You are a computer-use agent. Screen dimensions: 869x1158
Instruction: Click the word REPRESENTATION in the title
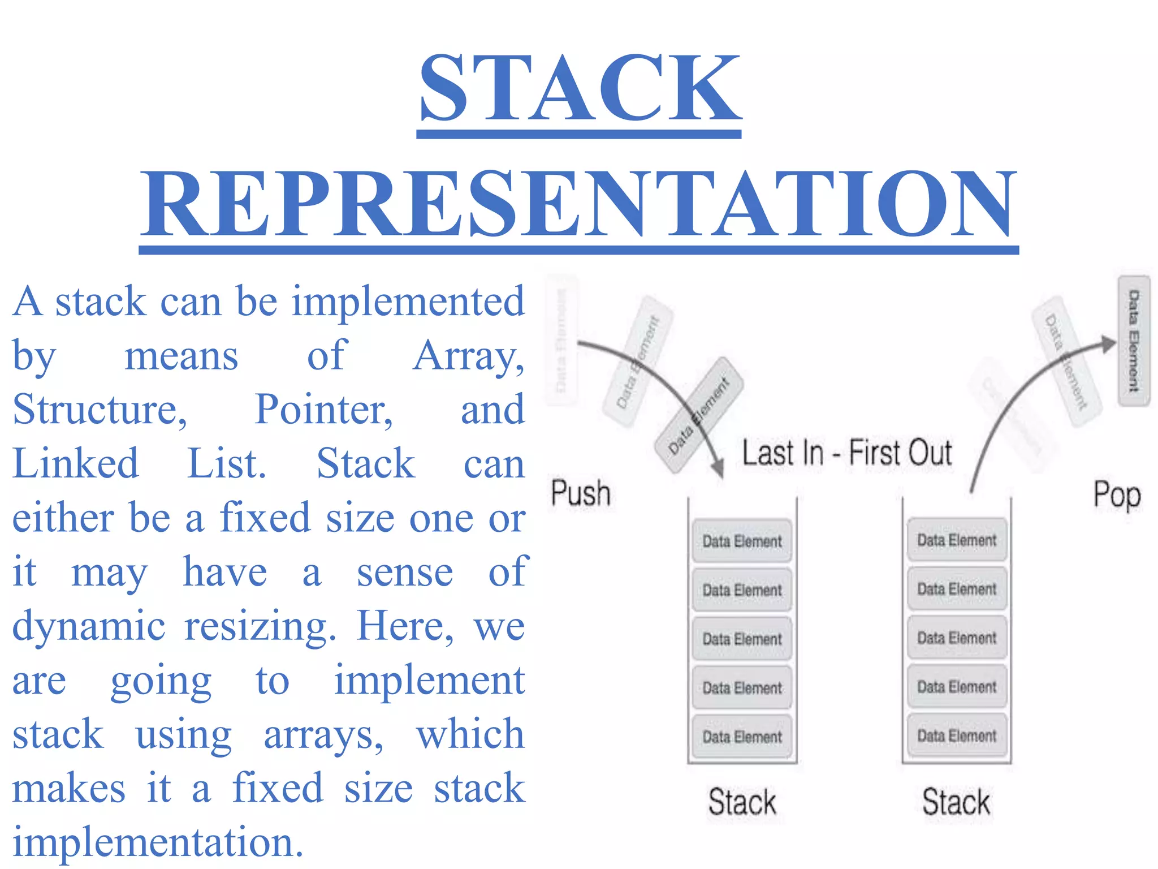[x=578, y=205]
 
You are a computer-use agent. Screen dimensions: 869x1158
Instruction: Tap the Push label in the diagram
[x=581, y=493]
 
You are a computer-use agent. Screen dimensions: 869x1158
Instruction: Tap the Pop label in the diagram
[x=1117, y=495]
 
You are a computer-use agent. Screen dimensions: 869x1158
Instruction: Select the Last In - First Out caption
[x=846, y=453]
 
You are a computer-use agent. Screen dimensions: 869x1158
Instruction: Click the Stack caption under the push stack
[x=742, y=802]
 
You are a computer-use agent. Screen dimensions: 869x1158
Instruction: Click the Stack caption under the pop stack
[x=956, y=802]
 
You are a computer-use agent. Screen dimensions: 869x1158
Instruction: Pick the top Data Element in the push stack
[x=742, y=541]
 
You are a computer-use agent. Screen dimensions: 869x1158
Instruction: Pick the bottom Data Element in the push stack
[x=742, y=737]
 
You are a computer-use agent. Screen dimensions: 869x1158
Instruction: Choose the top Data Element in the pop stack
[x=957, y=540]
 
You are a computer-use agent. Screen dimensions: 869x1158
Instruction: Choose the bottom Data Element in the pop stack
[x=957, y=735]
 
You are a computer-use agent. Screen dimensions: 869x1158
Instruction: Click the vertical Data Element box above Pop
[x=1134, y=341]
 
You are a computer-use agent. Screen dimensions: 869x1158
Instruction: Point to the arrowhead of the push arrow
[x=718, y=469]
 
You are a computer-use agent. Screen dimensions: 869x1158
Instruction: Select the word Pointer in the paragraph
[x=323, y=409]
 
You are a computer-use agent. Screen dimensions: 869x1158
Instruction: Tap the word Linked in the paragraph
[x=75, y=463]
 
